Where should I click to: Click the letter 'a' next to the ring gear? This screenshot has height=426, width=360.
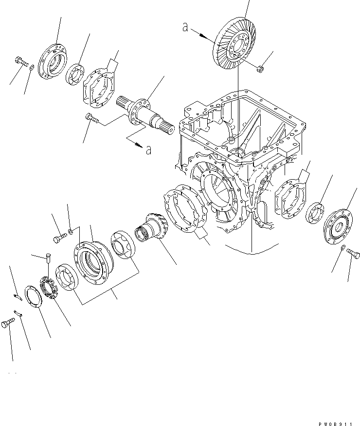[x=185, y=27]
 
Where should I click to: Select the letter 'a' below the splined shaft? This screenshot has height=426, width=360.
[x=149, y=149]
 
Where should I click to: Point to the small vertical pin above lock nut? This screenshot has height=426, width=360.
[x=47, y=259]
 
